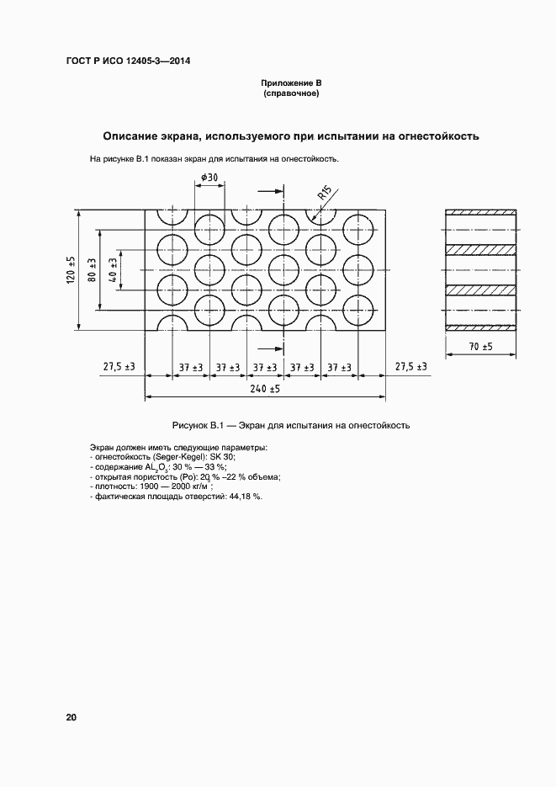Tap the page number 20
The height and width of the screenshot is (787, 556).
(x=71, y=717)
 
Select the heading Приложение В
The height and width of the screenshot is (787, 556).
(x=291, y=84)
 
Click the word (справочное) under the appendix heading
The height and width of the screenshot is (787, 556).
(x=291, y=94)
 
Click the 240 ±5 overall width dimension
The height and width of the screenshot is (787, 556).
(x=266, y=389)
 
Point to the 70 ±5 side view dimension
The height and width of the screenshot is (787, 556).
(x=480, y=346)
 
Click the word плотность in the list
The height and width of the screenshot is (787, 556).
(x=114, y=487)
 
